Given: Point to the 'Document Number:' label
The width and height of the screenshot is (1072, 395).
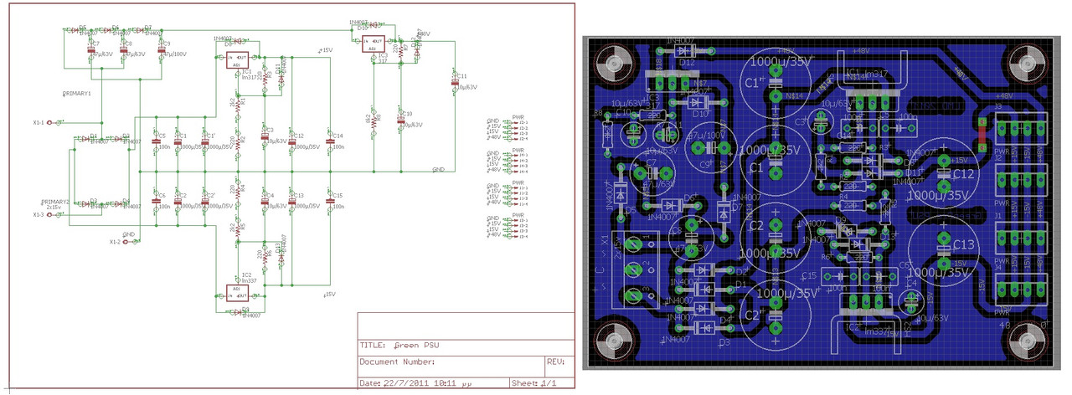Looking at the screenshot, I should point(397,362).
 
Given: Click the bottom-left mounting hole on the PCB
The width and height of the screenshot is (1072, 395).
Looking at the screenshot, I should point(617,341).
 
